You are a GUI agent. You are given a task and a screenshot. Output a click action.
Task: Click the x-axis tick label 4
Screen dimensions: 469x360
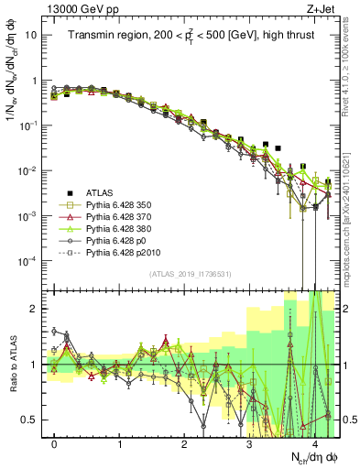click(314, 444)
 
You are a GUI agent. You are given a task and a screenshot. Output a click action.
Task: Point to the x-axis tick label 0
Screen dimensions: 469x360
click(55, 444)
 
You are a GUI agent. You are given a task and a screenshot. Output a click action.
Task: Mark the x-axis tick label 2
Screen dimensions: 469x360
click(185, 444)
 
